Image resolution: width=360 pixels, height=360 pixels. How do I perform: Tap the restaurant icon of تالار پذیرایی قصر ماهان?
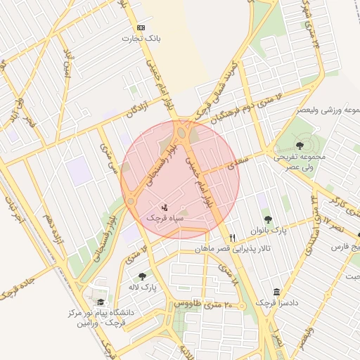232,238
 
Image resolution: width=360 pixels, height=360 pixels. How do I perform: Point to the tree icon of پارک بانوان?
266,219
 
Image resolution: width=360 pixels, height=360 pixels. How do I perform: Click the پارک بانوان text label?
271,231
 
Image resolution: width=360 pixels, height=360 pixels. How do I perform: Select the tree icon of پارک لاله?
143,276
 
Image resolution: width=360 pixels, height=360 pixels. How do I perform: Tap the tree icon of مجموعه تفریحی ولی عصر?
300,146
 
